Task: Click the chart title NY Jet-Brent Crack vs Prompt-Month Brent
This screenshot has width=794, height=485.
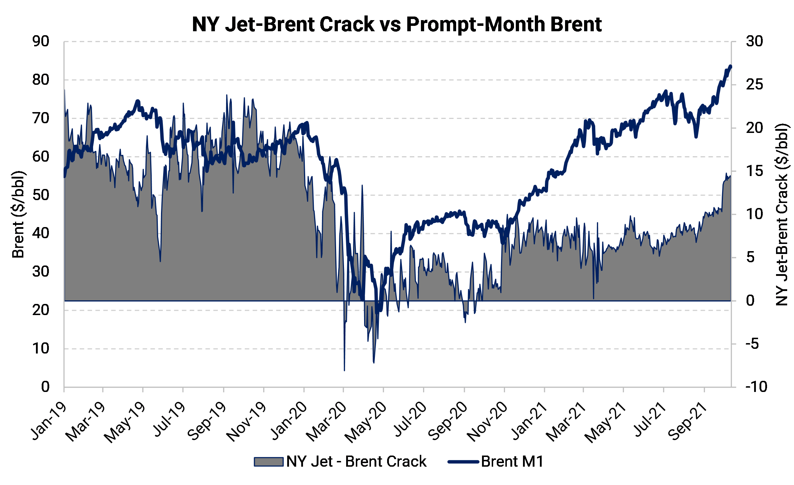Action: pos(396,24)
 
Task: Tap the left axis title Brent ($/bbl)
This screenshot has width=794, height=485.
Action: pos(18,214)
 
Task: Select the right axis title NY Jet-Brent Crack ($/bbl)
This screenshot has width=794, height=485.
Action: pos(781,214)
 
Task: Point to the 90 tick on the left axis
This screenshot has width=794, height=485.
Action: pos(41,42)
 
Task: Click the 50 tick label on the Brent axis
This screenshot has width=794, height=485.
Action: pos(41,195)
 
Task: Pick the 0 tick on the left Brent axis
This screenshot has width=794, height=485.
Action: pos(45,387)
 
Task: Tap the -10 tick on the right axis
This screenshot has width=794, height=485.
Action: pos(756,387)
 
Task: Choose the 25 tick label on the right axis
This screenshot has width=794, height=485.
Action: pos(754,85)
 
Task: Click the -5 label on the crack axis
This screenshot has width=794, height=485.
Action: pos(752,344)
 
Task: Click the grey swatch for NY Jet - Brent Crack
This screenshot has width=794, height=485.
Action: pos(268,462)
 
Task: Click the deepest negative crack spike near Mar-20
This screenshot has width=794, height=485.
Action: pos(344,370)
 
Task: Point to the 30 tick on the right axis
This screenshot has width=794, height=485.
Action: pos(754,42)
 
